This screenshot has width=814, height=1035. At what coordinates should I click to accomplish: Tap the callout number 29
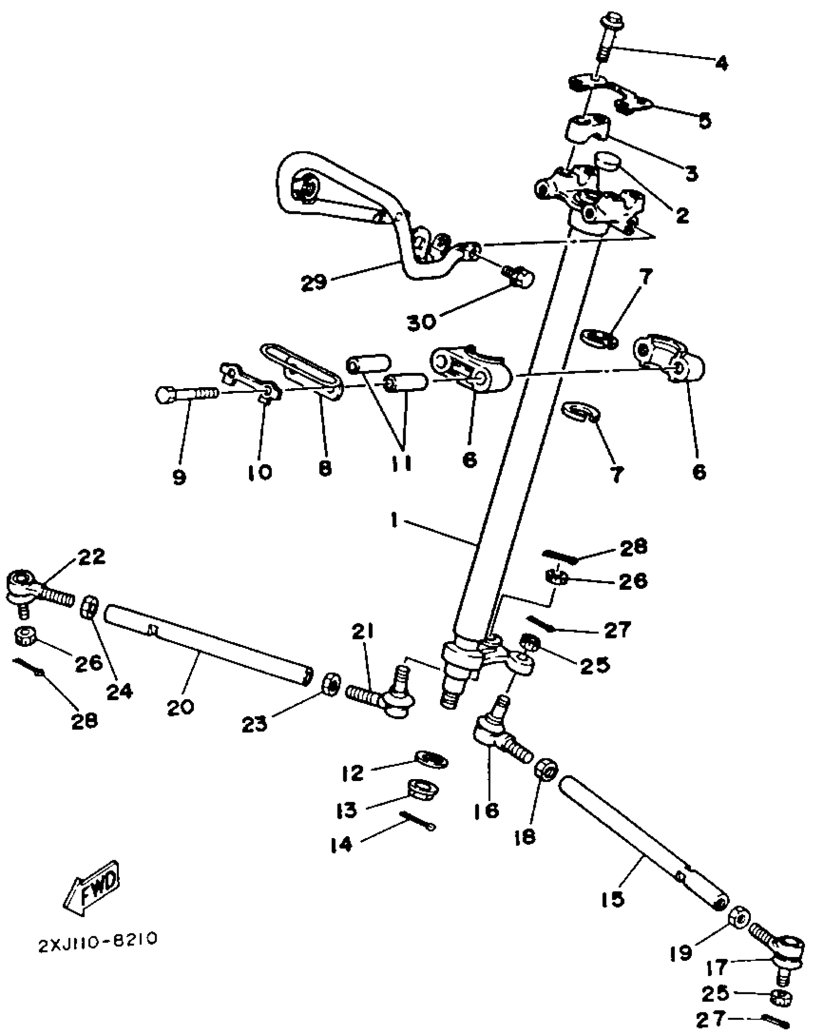click(x=314, y=282)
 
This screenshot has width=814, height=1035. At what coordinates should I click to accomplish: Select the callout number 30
click(x=422, y=322)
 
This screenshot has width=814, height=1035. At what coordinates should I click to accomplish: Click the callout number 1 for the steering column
click(x=395, y=520)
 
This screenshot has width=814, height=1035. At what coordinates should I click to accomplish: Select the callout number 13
click(x=347, y=810)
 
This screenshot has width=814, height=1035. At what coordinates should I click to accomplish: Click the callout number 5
click(x=704, y=121)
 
